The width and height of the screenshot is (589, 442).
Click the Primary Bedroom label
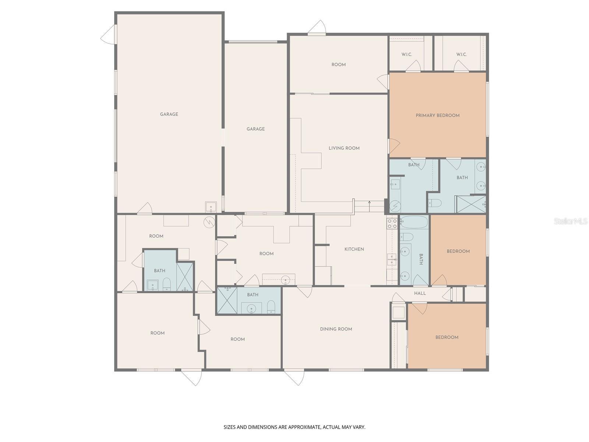(437, 115)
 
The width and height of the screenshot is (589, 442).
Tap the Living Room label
(344, 148)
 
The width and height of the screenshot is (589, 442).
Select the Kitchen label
(354, 249)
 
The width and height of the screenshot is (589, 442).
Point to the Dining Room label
(336, 329)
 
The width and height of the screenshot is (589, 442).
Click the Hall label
(420, 294)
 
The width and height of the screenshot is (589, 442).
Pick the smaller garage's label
(255, 129)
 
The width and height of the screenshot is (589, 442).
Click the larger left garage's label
(169, 114)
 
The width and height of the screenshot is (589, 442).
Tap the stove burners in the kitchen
(392, 223)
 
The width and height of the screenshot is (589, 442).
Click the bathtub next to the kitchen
(414, 222)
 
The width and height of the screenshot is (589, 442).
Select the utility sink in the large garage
(211, 207)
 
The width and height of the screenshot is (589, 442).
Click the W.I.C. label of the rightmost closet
(461, 55)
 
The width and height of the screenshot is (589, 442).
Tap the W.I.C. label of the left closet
(406, 55)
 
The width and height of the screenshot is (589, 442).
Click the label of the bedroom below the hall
(447, 337)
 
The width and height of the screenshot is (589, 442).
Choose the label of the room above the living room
(338, 65)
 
